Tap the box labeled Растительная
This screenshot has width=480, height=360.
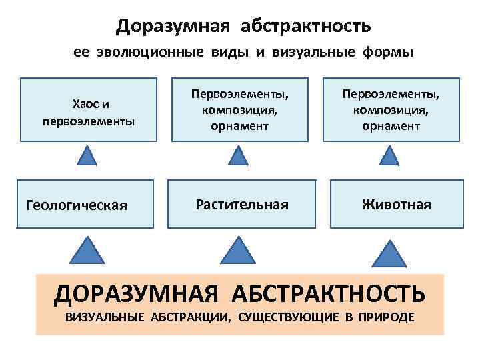point(241,204)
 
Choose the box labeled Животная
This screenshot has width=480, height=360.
point(396,204)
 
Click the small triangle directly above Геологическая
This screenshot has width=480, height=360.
point(87,158)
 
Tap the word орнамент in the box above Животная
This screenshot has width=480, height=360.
point(391,126)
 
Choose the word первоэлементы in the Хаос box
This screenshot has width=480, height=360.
point(88,121)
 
